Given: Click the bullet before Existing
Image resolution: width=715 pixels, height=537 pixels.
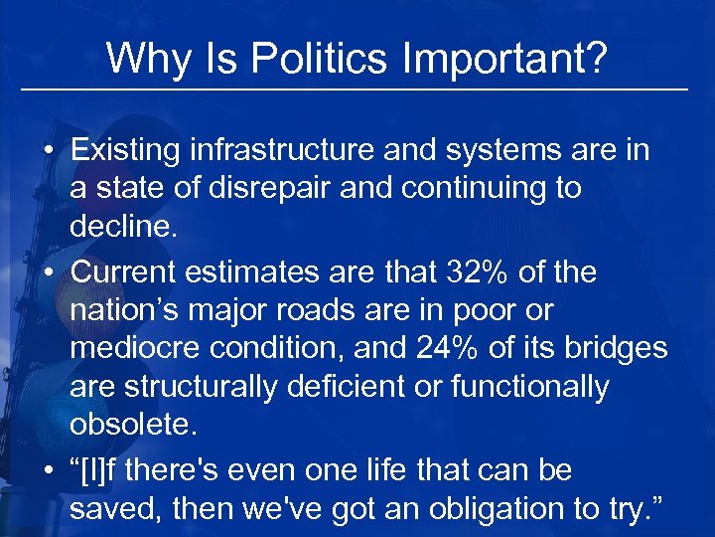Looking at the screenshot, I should coord(48,152).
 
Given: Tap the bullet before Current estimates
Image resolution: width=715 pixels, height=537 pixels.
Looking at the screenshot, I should coord(48,272).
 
